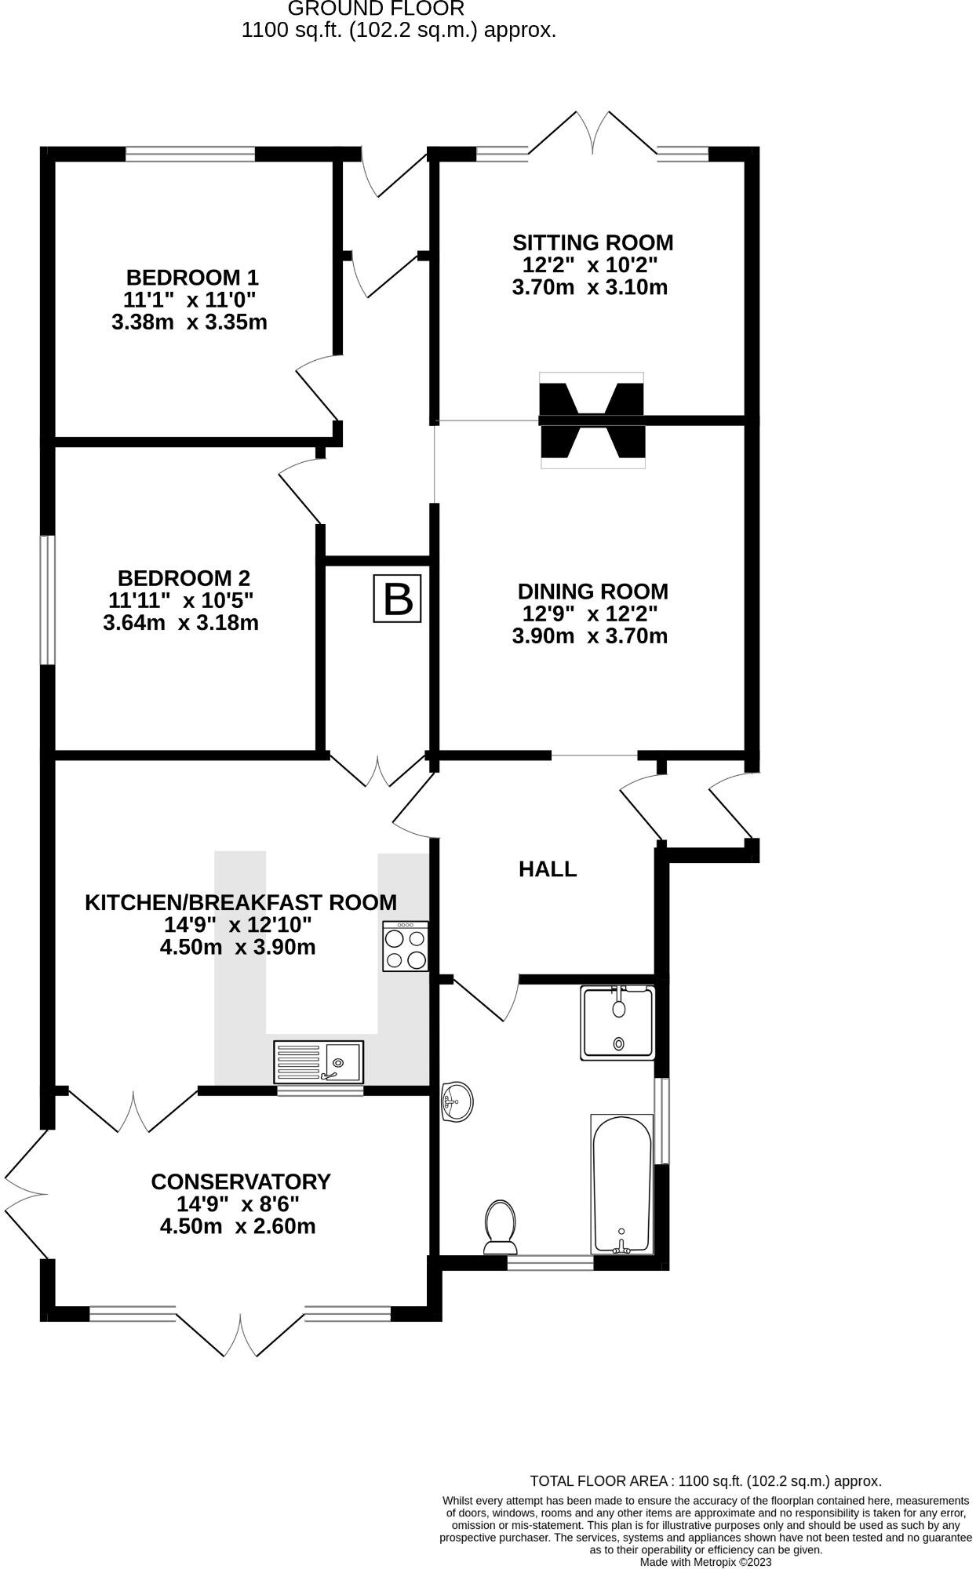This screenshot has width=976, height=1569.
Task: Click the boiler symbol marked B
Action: [397, 600]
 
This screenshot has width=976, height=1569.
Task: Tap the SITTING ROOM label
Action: [592, 242]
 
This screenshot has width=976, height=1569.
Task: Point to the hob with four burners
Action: [406, 947]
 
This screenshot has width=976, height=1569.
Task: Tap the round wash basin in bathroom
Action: [457, 1101]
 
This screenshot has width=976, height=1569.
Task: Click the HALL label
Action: [548, 869]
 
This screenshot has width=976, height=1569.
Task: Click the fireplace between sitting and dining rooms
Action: [592, 420]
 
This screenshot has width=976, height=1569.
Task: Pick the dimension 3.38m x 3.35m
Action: [189, 322]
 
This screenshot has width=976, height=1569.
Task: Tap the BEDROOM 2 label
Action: [184, 578]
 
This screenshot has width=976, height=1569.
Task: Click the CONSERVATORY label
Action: [240, 1181]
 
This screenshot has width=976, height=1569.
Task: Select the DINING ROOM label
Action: [592, 592]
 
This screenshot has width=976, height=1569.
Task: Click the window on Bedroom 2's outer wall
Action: [48, 600]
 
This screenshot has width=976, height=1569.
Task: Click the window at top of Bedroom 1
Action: [191, 154]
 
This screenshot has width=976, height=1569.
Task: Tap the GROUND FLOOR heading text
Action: [376, 9]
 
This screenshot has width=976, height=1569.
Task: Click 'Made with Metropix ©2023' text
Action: [705, 1562]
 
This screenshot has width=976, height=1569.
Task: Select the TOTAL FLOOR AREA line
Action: [705, 1481]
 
